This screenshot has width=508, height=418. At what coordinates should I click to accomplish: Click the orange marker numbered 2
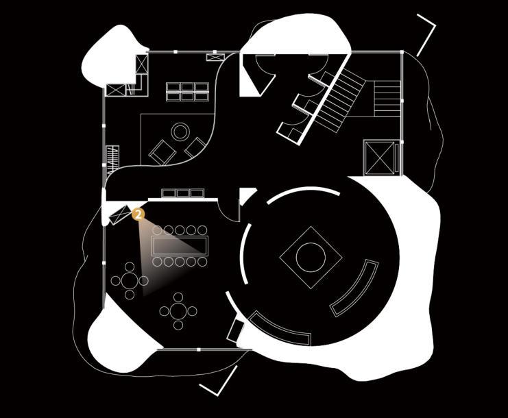point(138,214)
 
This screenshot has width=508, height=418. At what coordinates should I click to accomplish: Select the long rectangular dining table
point(180,245)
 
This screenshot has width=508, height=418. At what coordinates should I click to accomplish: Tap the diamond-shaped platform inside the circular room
point(311,257)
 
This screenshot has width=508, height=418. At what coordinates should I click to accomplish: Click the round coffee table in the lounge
point(180,131)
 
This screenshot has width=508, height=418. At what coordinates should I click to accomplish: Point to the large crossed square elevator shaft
point(377,158)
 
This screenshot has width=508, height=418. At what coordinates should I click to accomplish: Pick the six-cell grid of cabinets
point(187,92)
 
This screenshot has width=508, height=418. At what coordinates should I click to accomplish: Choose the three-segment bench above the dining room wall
point(182,193)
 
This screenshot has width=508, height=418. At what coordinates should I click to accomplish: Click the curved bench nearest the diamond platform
point(354,288)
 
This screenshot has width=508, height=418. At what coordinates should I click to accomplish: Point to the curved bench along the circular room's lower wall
point(279,328)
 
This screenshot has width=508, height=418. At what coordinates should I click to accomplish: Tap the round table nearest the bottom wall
point(178,311)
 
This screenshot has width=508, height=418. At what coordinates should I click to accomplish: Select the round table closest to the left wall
point(130,280)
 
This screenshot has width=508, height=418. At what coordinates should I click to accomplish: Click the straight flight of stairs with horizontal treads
point(386,98)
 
